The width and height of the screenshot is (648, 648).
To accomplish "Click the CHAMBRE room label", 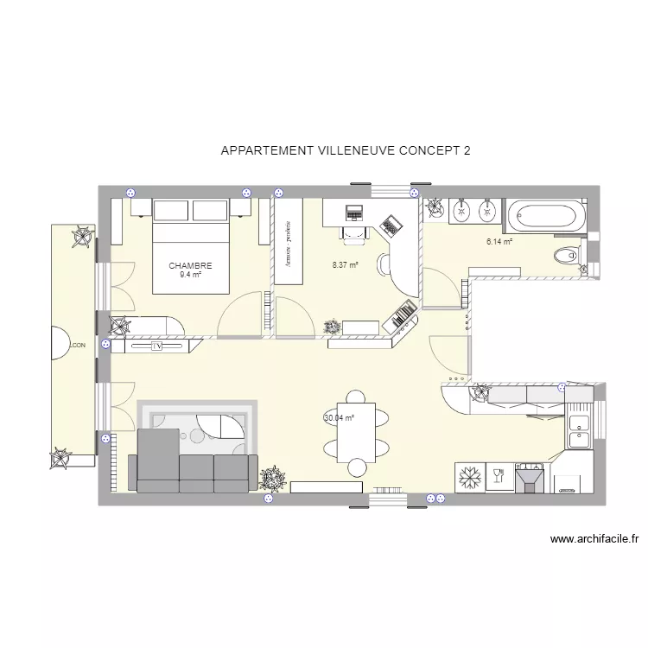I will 190,266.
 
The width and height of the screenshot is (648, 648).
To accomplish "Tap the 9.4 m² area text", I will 190,276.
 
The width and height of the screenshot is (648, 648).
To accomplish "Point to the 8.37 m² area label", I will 345,266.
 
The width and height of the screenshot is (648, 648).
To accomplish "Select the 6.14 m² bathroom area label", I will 499,243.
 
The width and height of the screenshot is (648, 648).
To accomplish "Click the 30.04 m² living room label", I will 340,418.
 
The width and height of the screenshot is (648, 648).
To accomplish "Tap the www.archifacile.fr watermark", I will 594,540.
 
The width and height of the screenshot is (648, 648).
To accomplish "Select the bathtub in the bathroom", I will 544,216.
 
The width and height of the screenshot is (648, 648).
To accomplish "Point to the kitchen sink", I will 580,430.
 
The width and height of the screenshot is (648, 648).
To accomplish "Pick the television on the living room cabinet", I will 156,346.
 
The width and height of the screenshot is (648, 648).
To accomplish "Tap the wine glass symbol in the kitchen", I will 499,477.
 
